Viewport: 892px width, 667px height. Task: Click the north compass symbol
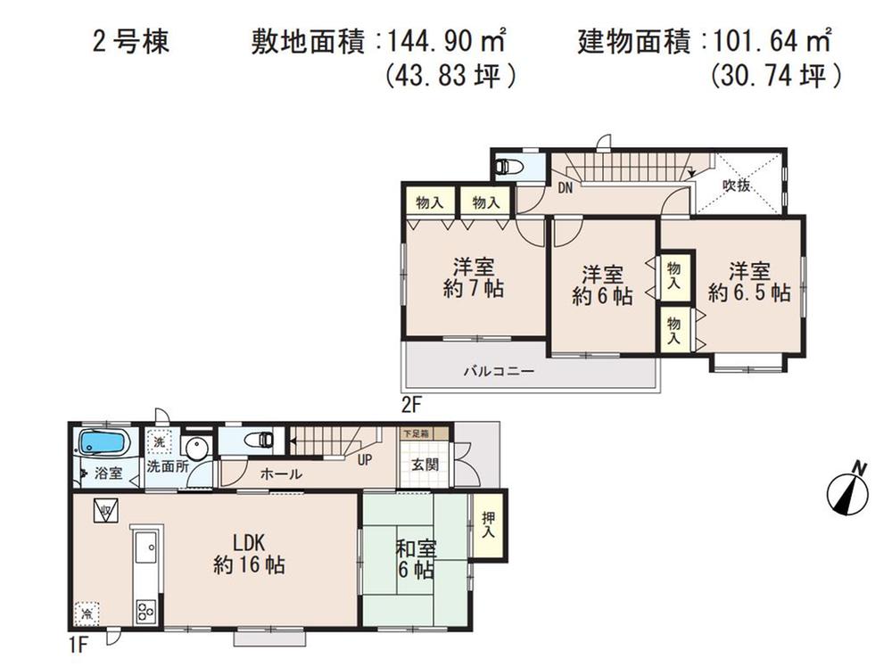click(847, 489)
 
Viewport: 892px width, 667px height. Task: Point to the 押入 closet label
click(488, 525)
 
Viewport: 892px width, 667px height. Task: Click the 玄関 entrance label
click(425, 465)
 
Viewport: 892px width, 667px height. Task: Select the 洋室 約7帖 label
click(474, 277)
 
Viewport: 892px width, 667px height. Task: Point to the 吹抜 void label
click(736, 185)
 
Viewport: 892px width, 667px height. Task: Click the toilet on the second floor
click(511, 167)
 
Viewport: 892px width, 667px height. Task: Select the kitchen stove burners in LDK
click(145, 612)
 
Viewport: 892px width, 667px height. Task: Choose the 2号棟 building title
click(130, 42)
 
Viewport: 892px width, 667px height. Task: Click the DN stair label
click(565, 188)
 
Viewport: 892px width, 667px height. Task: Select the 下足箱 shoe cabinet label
click(414, 433)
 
